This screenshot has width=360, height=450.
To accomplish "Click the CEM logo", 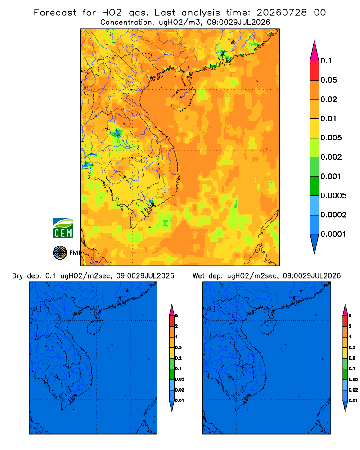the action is click(x=63, y=229).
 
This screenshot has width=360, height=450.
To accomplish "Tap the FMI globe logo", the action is click(x=60, y=253).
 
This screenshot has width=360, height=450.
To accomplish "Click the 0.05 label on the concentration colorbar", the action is click(x=328, y=80).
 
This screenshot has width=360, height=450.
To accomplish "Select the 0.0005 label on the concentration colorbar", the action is click(x=333, y=196).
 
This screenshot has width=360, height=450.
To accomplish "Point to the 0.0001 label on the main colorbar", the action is click(x=333, y=234).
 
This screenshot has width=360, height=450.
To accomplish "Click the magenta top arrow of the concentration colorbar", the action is click(x=315, y=51).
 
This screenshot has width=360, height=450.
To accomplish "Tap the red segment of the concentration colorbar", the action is click(x=315, y=71).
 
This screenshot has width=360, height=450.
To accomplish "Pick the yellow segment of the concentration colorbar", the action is click(x=315, y=128).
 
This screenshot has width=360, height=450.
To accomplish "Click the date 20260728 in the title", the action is click(x=282, y=13).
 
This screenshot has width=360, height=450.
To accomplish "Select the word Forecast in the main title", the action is click(x=55, y=13).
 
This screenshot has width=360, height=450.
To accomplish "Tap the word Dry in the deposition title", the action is click(x=18, y=276).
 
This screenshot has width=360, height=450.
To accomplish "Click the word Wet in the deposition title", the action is click(x=198, y=276).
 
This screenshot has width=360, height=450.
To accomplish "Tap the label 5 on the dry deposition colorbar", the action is click(x=176, y=316).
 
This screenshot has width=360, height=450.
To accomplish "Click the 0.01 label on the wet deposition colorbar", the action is click(x=353, y=400).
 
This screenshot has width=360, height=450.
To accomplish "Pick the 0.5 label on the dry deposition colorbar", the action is click(x=178, y=347).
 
